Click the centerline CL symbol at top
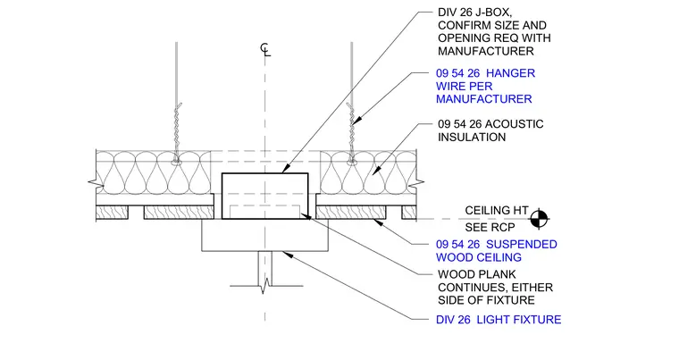pos(265,49)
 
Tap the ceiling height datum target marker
pos(539,219)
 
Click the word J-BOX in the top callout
pos(491,13)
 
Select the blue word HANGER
pos(510,73)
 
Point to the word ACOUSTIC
pos(515,124)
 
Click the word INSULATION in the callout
pos(472,138)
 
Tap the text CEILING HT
pos(497,211)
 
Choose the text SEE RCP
pos(490,228)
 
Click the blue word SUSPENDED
pos(522,245)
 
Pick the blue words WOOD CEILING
pos(479,257)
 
